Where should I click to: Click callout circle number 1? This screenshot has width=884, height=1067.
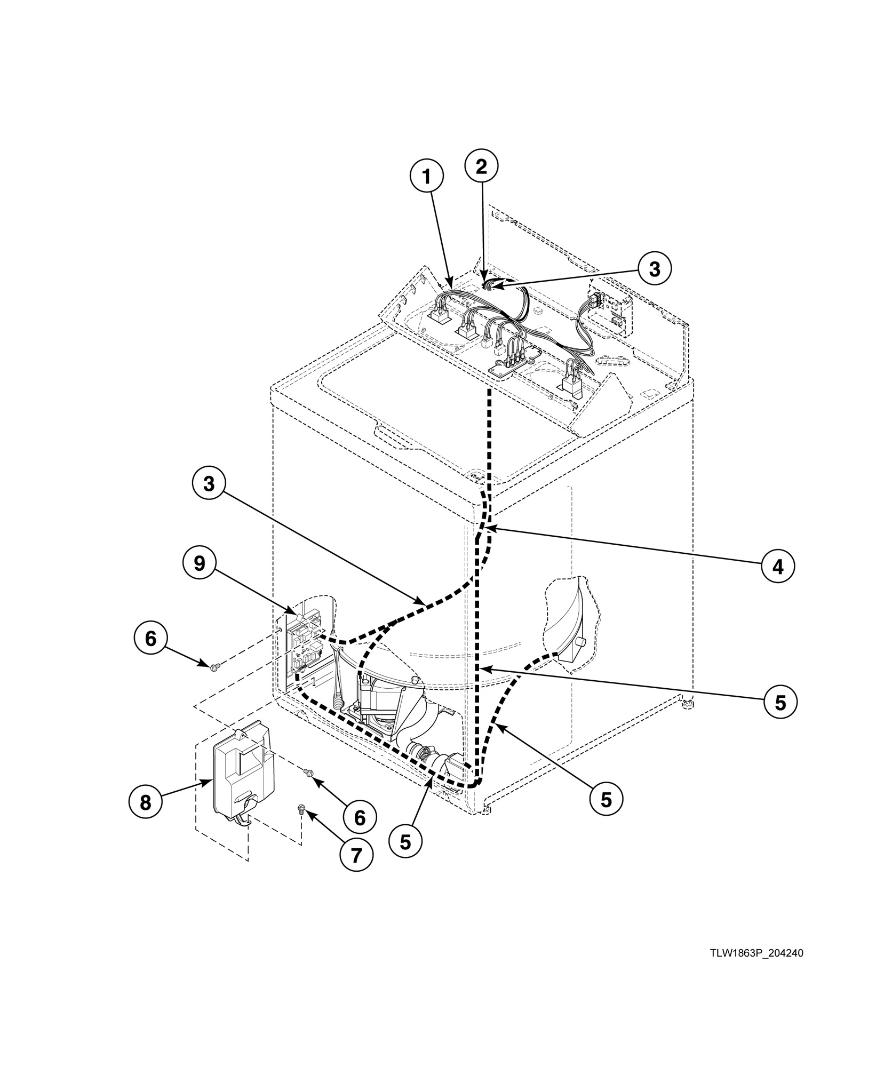click(426, 177)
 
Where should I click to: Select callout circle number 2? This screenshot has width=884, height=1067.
click(481, 166)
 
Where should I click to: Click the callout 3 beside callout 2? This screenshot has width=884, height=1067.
click(655, 269)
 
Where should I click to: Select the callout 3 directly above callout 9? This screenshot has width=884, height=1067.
click(209, 484)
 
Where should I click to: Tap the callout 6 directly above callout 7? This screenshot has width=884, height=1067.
click(360, 817)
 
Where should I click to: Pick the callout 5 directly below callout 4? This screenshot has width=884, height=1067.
click(780, 703)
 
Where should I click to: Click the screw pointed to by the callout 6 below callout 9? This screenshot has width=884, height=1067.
click(215, 667)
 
